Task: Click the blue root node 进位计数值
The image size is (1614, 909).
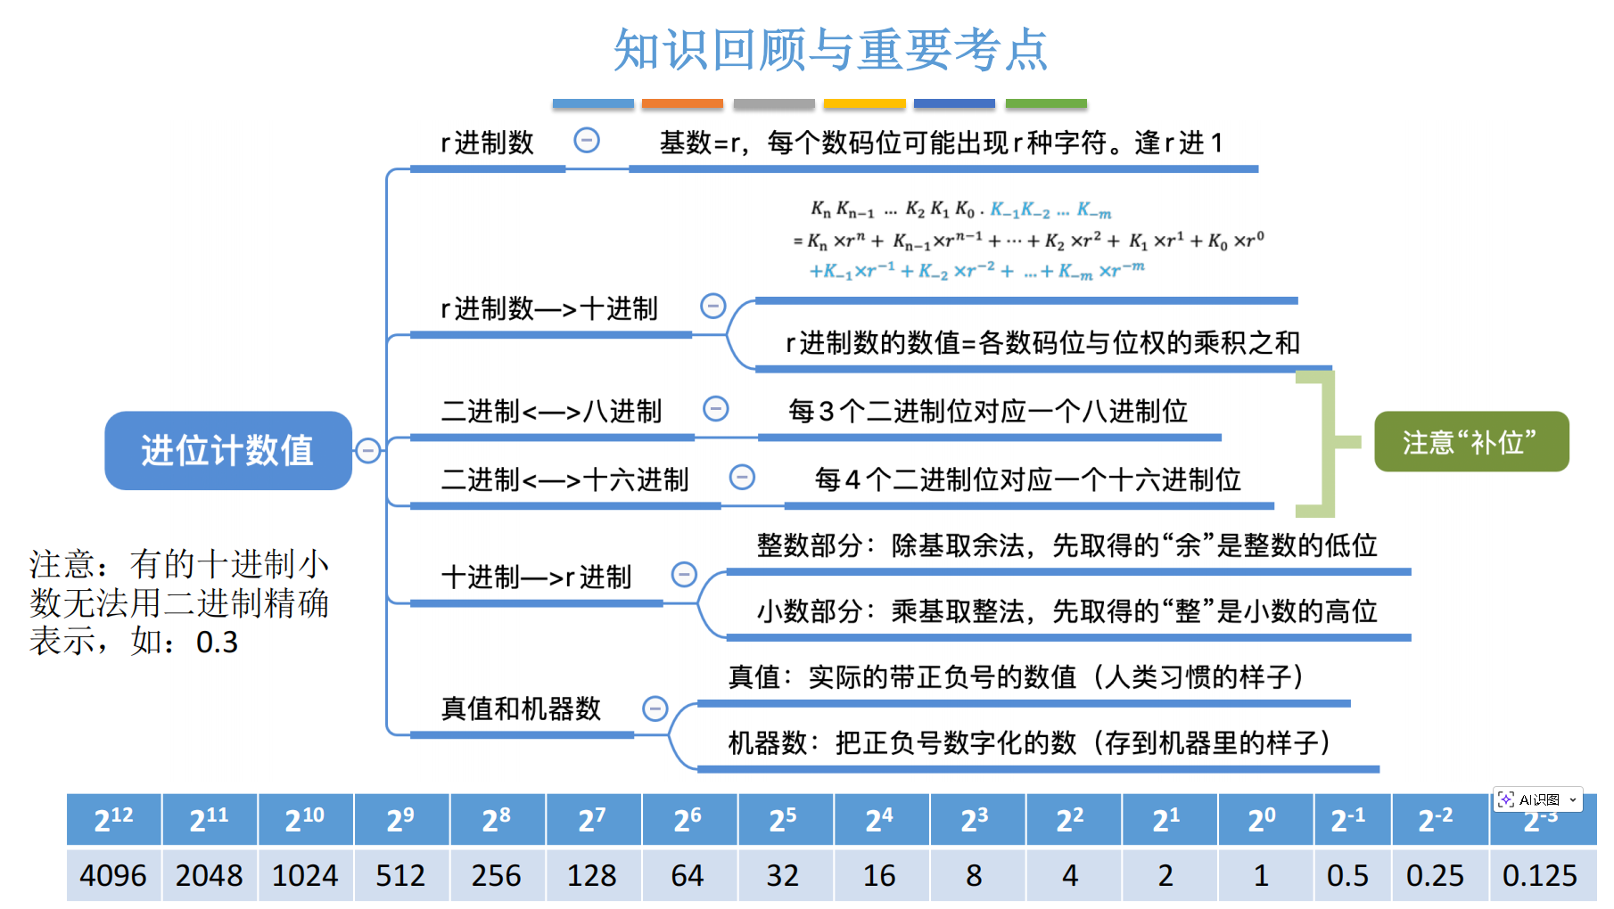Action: tap(228, 450)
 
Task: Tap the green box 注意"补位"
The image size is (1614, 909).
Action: tap(1470, 442)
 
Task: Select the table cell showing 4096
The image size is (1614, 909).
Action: tap(113, 875)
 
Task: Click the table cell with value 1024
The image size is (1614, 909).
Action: tap(305, 875)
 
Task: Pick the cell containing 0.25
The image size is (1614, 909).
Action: tap(1435, 875)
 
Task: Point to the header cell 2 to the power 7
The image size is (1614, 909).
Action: tap(592, 819)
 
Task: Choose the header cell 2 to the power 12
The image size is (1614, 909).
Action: tap(113, 819)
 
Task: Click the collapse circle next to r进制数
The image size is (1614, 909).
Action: tap(587, 140)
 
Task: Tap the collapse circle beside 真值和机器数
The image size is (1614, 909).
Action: tap(655, 708)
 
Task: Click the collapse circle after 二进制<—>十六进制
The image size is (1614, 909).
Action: tap(742, 478)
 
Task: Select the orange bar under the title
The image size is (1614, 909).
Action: tap(682, 104)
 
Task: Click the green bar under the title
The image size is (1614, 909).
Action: tap(1046, 104)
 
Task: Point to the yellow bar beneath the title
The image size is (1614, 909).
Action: tap(864, 104)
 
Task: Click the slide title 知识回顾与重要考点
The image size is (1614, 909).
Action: tap(830, 50)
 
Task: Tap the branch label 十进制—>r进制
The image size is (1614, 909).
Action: tap(536, 577)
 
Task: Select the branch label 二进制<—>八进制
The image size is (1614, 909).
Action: tap(551, 411)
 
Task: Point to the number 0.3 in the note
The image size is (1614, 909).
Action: tap(217, 643)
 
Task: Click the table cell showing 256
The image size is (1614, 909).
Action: tap(496, 875)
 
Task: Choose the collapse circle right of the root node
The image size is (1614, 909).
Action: tap(367, 451)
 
